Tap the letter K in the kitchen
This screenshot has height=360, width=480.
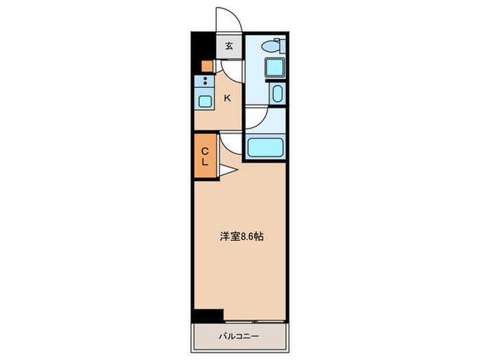coord(228,98)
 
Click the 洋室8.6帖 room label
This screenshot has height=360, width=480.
coord(242,236)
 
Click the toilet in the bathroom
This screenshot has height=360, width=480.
coord(274,47)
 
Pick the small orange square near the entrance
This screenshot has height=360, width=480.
coord(206,67)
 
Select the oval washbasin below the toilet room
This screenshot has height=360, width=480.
coord(278,93)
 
